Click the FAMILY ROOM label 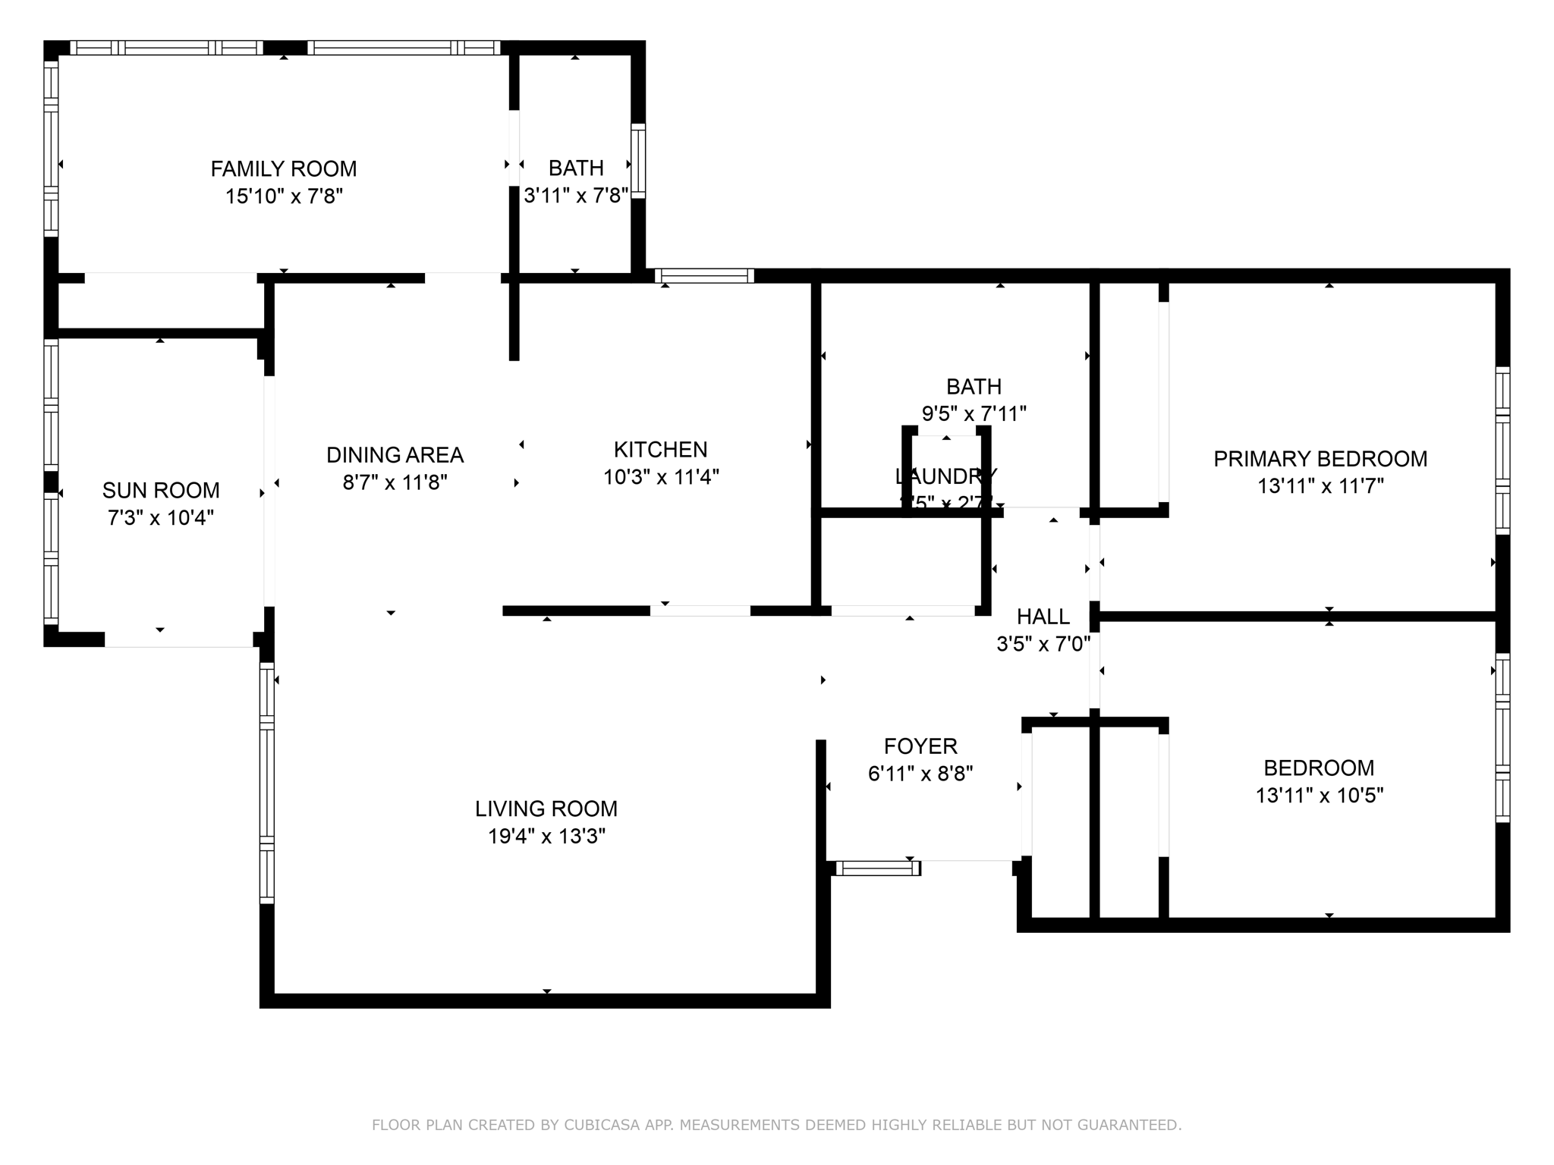(x=284, y=168)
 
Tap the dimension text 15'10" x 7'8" (x=284, y=196)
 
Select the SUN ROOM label (x=161, y=490)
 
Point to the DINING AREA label (x=395, y=455)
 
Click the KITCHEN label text (x=660, y=450)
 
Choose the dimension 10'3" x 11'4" (x=660, y=477)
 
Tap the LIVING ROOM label (x=546, y=809)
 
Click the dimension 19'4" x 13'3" (x=546, y=837)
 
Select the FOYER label (x=920, y=746)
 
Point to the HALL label (x=1043, y=617)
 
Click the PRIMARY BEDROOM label (x=1320, y=459)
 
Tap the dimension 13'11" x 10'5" (x=1320, y=796)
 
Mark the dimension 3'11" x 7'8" (x=576, y=196)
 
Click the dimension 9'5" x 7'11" (x=974, y=414)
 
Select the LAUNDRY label (x=945, y=476)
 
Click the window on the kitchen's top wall (x=704, y=276)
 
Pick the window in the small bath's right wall (x=638, y=161)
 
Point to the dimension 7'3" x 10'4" (x=161, y=518)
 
